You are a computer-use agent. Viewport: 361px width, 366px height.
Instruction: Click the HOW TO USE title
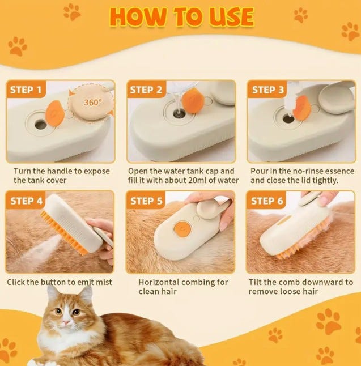pos(182,17)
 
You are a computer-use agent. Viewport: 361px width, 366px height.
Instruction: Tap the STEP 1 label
pos(26,90)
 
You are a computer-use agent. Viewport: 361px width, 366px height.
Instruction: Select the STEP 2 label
pos(146,90)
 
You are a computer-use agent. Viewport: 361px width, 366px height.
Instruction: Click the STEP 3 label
pos(268,90)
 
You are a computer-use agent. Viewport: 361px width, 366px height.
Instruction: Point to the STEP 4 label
pos(27,201)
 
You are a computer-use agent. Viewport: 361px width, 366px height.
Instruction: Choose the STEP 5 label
pos(146,201)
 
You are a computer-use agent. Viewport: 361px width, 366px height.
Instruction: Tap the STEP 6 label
pos(267,201)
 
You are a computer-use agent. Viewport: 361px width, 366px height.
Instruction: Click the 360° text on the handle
pos(93,102)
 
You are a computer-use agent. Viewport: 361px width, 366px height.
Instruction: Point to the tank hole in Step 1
pos(41,125)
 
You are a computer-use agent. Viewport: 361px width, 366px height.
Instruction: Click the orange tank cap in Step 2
pos(193,101)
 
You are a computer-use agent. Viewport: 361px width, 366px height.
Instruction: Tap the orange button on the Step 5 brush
pos(182,229)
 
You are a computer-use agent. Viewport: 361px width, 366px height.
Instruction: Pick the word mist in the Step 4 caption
pos(104,282)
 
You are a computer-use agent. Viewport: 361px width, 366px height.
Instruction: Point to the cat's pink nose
pos(66,322)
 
